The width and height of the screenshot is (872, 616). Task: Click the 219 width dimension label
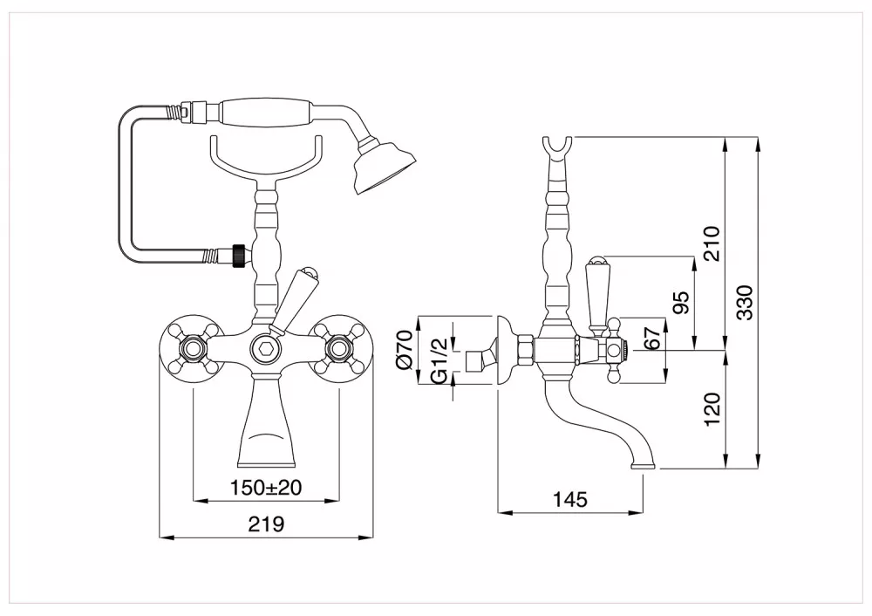[266, 524]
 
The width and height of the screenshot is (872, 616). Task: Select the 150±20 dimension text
[266, 488]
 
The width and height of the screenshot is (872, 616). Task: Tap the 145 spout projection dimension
[570, 499]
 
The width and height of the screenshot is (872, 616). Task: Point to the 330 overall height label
[745, 302]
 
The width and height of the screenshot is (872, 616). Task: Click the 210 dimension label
[712, 243]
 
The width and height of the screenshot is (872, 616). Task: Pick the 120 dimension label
[712, 409]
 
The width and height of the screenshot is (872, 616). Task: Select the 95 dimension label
[681, 302]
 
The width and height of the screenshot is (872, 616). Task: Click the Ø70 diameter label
[405, 349]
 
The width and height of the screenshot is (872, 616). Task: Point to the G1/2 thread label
[439, 359]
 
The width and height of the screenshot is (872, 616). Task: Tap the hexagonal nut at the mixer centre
[265, 350]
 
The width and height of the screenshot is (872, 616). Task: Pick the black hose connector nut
[239, 256]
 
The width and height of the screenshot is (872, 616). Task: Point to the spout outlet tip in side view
[644, 465]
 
